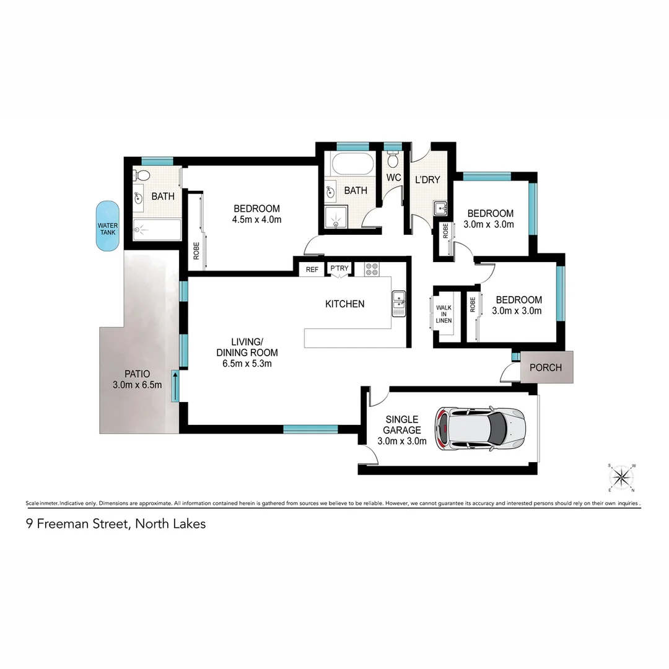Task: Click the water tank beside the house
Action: tap(108, 226)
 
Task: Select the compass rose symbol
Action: tap(621, 477)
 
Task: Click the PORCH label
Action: tap(546, 367)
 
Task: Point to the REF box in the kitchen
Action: tap(312, 269)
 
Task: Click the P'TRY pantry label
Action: tap(339, 268)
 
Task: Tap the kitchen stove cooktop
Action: tap(372, 269)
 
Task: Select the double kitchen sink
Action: tap(398, 303)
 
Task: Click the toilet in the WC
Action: tap(393, 160)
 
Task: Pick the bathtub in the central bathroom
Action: tap(352, 165)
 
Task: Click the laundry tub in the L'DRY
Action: tap(440, 208)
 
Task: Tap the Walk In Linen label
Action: tap(444, 313)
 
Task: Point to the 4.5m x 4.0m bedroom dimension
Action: tap(256, 220)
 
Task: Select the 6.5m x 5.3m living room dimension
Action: tap(247, 363)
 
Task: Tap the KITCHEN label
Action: tap(344, 304)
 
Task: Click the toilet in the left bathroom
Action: tap(140, 175)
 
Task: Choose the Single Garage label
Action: tap(401, 424)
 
